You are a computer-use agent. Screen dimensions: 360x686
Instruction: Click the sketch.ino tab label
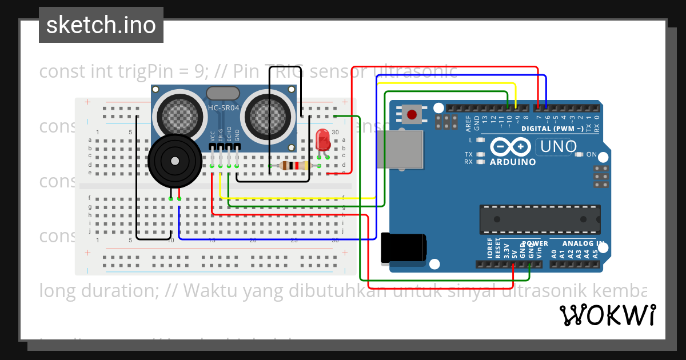pos(101,25)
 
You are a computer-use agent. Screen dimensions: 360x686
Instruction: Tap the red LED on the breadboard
pos(322,140)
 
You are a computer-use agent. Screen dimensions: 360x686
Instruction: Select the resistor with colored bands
pos(293,166)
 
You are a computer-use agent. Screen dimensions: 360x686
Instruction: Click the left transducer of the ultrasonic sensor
pos(178,113)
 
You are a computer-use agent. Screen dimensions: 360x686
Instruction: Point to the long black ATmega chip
pos(540,219)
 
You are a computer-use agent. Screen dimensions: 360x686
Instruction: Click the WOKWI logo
pos(607,315)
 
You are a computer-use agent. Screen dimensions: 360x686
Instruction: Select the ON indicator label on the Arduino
pos(591,154)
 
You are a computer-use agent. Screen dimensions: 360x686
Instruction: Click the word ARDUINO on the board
pos(513,162)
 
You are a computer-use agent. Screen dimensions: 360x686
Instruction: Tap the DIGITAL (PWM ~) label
pos(552,129)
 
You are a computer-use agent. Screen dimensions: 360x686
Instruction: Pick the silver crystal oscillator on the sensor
pos(223,93)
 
